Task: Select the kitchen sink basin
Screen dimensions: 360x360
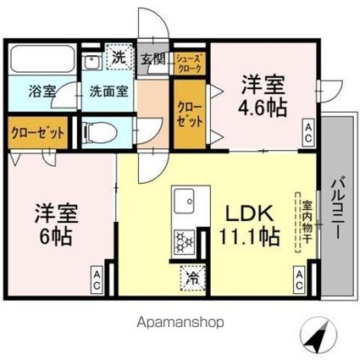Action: (183, 203)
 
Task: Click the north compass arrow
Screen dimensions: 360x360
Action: (317, 338)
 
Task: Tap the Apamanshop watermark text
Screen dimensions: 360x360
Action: (180, 323)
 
